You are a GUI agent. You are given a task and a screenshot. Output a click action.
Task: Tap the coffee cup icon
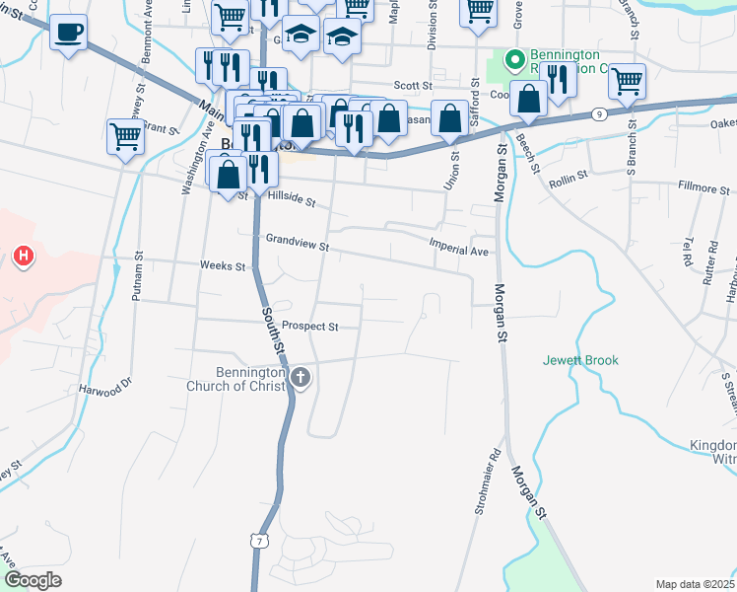click(68, 32)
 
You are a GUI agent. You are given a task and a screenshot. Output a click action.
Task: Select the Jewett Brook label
click(580, 360)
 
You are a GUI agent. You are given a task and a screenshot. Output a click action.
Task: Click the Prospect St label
click(309, 327)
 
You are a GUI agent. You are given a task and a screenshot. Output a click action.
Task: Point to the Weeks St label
click(222, 266)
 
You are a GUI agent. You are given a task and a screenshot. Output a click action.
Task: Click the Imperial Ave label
click(459, 251)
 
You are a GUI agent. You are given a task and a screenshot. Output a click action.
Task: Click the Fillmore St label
click(703, 186)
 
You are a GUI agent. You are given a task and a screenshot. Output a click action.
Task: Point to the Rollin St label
click(568, 175)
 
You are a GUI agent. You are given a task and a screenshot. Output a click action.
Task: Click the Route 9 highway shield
click(600, 114)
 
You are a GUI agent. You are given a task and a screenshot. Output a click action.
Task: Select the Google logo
click(33, 580)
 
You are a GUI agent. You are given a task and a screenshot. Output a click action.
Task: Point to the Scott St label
click(413, 86)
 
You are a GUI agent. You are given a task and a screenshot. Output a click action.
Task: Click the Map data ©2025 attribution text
click(696, 584)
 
